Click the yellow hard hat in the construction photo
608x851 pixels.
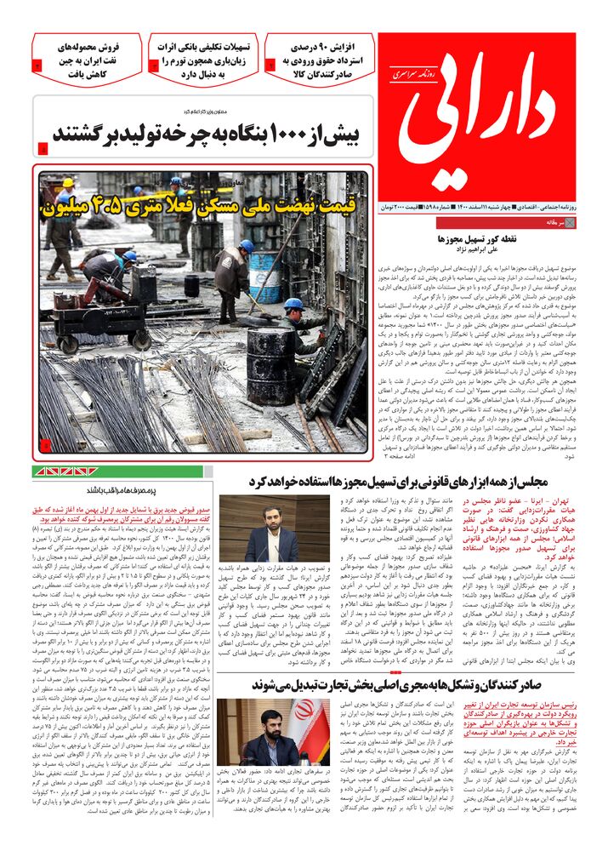[x=69, y=184]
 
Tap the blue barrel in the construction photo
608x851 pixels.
[x=264, y=277]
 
